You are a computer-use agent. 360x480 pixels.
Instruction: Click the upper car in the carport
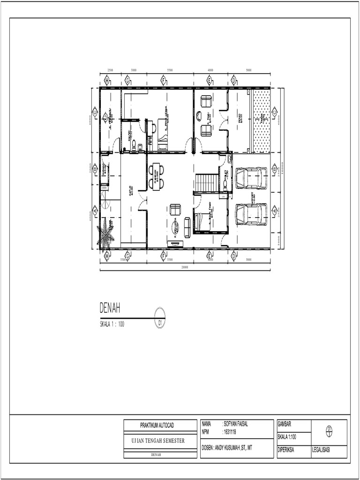pyautogui.click(x=251, y=178)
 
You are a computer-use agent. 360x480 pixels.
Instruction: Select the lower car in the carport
pyautogui.click(x=251, y=214)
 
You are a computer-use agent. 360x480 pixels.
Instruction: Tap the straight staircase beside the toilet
pyautogui.click(x=207, y=183)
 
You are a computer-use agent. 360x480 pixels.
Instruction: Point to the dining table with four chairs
pyautogui.click(x=157, y=176)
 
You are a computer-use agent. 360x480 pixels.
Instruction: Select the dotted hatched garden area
pyautogui.click(x=262, y=121)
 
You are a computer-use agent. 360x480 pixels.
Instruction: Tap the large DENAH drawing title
pyautogui.click(x=110, y=308)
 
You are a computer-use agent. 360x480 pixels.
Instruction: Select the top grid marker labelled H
pyautogui.click(x=107, y=81)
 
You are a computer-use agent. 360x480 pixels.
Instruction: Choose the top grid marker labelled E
pyautogui.click(x=210, y=81)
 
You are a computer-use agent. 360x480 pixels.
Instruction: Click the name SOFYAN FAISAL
pyautogui.click(x=236, y=424)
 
